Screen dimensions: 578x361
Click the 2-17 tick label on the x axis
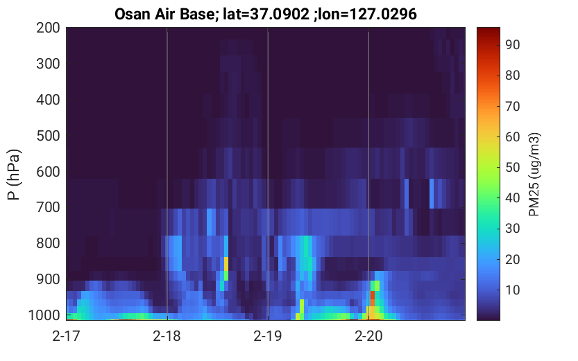pyautogui.click(x=66, y=336)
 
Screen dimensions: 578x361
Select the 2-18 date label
pyautogui.click(x=167, y=336)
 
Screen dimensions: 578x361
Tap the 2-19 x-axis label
pyautogui.click(x=268, y=336)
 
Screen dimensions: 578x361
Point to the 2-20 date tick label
pyautogui.click(x=368, y=336)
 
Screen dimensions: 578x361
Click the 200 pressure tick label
pyautogui.click(x=48, y=28)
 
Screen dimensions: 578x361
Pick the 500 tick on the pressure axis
pyautogui.click(x=48, y=136)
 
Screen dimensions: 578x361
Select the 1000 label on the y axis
pyautogui.click(x=44, y=315)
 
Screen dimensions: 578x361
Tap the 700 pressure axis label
pyautogui.click(x=48, y=208)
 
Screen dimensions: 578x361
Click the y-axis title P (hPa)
pyautogui.click(x=14, y=174)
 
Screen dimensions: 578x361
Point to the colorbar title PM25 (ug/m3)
pyautogui.click(x=534, y=174)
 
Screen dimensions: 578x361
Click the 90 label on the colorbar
pyautogui.click(x=512, y=44)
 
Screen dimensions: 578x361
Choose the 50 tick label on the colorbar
pyautogui.click(x=512, y=168)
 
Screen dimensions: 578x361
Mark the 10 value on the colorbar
pyautogui.click(x=512, y=290)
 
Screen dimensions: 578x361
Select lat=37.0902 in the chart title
pyautogui.click(x=266, y=15)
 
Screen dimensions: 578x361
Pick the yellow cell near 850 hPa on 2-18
pyautogui.click(x=226, y=264)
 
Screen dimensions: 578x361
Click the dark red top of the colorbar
pyautogui.click(x=488, y=30)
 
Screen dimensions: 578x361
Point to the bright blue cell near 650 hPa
pyautogui.click(x=432, y=193)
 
